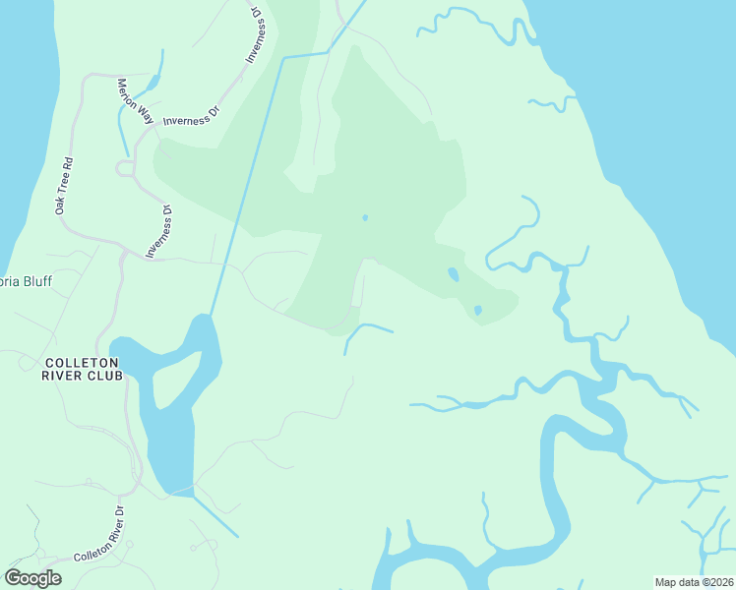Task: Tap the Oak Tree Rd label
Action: pyautogui.click(x=64, y=184)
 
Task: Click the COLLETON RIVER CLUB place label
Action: pyautogui.click(x=83, y=369)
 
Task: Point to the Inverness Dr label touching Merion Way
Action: pyautogui.click(x=191, y=114)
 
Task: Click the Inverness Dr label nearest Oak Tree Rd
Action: pyautogui.click(x=159, y=232)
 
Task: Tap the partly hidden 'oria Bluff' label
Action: pyautogui.click(x=26, y=281)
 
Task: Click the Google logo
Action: pyautogui.click(x=32, y=578)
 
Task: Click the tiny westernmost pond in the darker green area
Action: pyautogui.click(x=365, y=218)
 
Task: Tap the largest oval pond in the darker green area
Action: pyautogui.click(x=453, y=274)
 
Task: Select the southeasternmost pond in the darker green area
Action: pyautogui.click(x=477, y=311)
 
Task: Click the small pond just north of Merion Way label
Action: pyautogui.click(x=154, y=84)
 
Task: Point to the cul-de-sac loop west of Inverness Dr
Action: pyautogui.click(x=125, y=169)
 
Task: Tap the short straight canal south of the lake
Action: pyautogui.click(x=216, y=515)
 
